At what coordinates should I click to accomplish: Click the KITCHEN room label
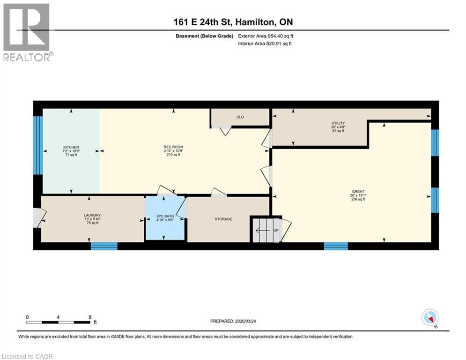[x=71, y=147]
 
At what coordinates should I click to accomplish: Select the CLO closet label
[x=240, y=117]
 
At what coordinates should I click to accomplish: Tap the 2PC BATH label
[x=164, y=216]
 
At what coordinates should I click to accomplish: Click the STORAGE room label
[x=223, y=219]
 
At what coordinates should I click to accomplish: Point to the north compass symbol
[x=429, y=318]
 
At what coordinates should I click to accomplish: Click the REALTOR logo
[x=27, y=32]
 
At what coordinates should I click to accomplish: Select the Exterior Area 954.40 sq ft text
[x=266, y=36]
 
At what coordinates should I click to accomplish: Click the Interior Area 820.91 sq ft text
[x=265, y=44]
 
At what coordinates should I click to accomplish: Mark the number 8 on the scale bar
[x=89, y=317]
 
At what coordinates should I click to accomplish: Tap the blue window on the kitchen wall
[x=38, y=145]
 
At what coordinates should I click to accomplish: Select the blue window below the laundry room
[x=104, y=246]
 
